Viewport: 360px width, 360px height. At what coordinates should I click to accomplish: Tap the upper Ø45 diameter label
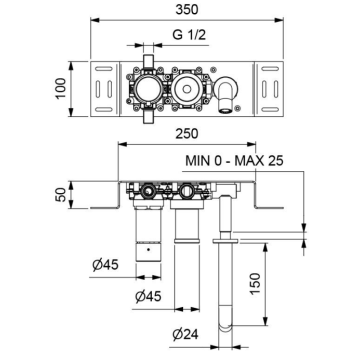coord(99,265)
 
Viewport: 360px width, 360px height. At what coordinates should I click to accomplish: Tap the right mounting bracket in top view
coord(268,89)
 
